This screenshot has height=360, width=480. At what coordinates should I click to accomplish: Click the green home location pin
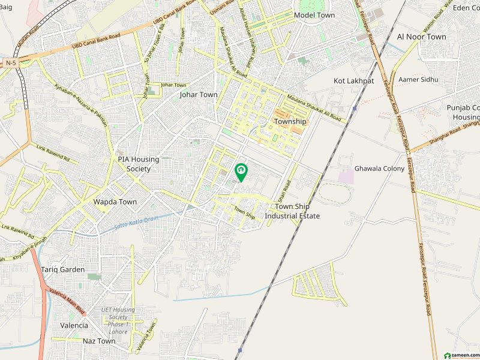coord(241,172)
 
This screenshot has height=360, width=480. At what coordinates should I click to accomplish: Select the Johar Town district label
coord(199,95)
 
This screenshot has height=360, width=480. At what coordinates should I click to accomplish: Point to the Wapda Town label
coord(115,202)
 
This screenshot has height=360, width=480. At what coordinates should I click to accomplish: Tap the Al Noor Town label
coord(421,37)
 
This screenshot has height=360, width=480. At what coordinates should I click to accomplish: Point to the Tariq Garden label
coord(63,269)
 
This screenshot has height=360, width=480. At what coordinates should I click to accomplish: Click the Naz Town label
coord(99,341)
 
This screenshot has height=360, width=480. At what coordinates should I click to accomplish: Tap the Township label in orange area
coord(290,121)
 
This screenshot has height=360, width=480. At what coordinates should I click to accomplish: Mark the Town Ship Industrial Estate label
coord(293,211)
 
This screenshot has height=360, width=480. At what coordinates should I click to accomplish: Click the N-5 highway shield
coord(10,62)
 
